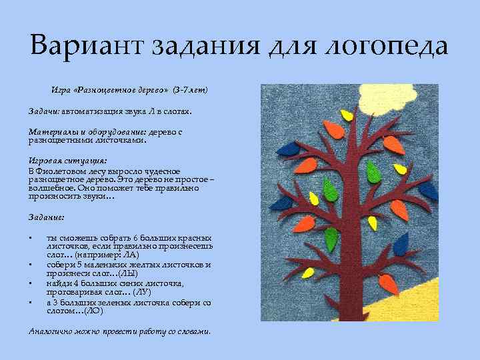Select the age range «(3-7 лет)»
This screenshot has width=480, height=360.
click(x=191, y=89)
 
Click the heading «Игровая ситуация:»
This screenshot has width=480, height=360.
click(x=68, y=161)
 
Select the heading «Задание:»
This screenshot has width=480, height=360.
click(x=47, y=218)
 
